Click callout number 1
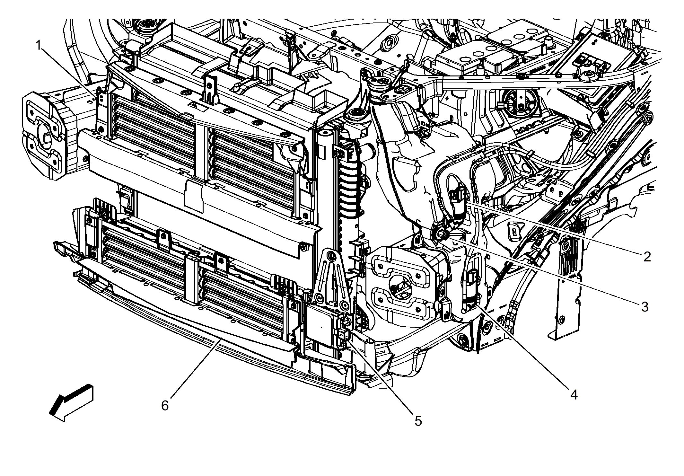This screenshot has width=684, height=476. (38, 46)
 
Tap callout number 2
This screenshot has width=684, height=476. (646, 256)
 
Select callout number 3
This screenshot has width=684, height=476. (645, 307)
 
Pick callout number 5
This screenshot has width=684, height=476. (418, 421)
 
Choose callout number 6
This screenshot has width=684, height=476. (165, 406)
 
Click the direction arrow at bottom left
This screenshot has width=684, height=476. (71, 402)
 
